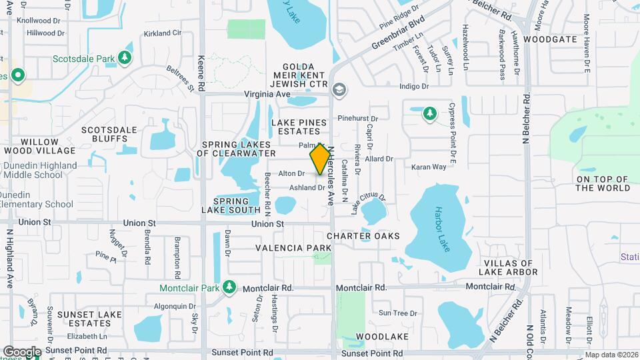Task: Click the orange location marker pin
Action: click(x=320, y=159)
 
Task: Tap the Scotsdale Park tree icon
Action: click(x=124, y=58)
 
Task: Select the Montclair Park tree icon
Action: click(x=230, y=287)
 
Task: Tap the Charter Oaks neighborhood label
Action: click(x=363, y=236)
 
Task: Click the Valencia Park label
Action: click(x=293, y=248)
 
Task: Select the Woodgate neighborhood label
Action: click(x=549, y=39)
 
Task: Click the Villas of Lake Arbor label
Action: click(x=508, y=268)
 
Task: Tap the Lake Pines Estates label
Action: click(x=299, y=127)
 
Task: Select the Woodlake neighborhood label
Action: click(x=382, y=337)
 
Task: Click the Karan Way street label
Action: click(x=428, y=167)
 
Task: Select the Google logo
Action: click(x=22, y=351)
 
